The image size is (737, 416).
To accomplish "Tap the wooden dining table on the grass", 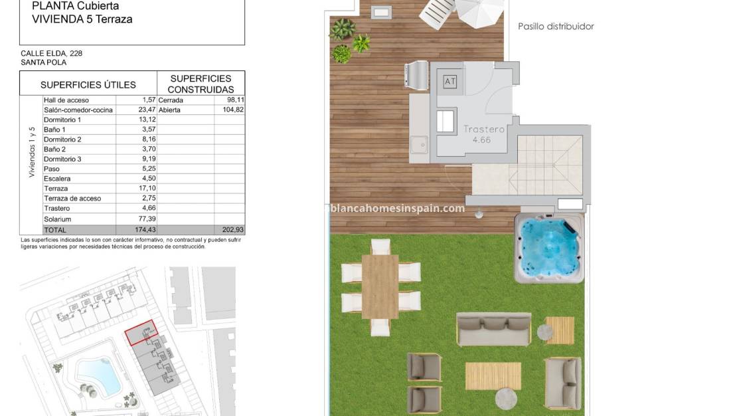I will [x=380, y=285].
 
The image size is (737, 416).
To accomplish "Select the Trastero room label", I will [x=485, y=130].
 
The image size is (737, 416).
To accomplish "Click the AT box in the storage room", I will [x=451, y=82].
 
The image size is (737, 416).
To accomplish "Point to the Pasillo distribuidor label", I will [x=556, y=27].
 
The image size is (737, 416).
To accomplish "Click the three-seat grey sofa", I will [x=493, y=329].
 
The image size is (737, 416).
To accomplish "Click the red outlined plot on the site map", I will [x=142, y=332].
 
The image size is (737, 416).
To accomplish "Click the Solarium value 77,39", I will [x=144, y=219].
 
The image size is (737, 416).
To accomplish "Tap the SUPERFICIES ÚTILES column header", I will [x=88, y=85].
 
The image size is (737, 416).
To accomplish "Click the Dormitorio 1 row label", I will [x=62, y=120].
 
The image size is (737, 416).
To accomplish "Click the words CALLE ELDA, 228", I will [x=52, y=53].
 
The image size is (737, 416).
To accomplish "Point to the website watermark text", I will [x=397, y=208].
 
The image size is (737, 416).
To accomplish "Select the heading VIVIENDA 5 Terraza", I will [x=82, y=19].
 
